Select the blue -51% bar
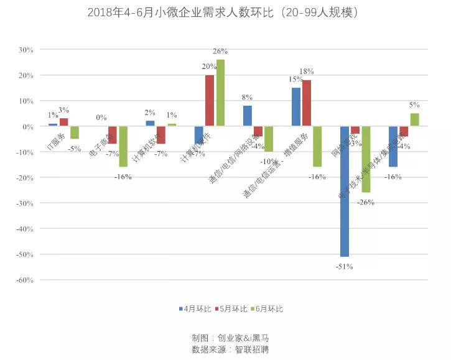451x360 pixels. pyautogui.click(x=345, y=191)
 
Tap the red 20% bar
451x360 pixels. pyautogui.click(x=210, y=100)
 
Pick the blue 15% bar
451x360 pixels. pyautogui.click(x=296, y=107)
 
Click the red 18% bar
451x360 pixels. pyautogui.click(x=307, y=103)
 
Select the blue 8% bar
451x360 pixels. pyautogui.click(x=248, y=116)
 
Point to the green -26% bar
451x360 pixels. pyautogui.click(x=366, y=159)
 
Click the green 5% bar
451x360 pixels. pyautogui.click(x=414, y=119)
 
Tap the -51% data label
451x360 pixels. pyautogui.click(x=345, y=267)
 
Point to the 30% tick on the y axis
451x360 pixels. pyautogui.click(x=26, y=50)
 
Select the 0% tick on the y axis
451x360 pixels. pyautogui.click(x=28, y=126)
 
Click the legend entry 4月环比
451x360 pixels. pyautogui.click(x=196, y=308)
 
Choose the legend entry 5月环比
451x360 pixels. pyautogui.click(x=233, y=308)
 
